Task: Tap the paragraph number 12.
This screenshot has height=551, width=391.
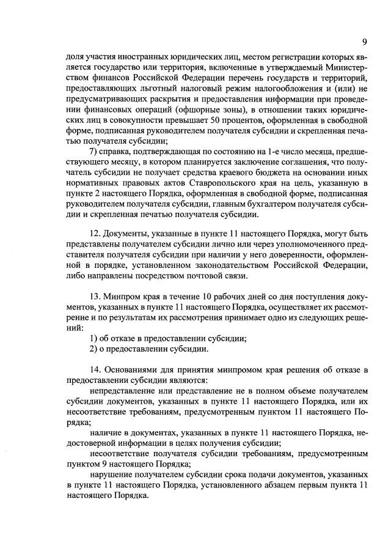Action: tap(95, 237)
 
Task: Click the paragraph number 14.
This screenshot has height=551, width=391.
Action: tap(95, 369)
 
